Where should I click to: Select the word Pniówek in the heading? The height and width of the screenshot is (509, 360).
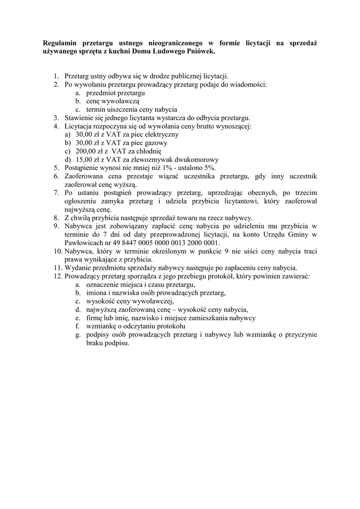click(x=201, y=51)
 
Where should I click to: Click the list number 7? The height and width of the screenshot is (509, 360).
click(x=57, y=192)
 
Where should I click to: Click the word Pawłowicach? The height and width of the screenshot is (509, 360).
click(x=86, y=243)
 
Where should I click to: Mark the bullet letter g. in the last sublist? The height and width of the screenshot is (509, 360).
click(x=78, y=335)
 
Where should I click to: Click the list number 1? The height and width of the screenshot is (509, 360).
click(x=57, y=76)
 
